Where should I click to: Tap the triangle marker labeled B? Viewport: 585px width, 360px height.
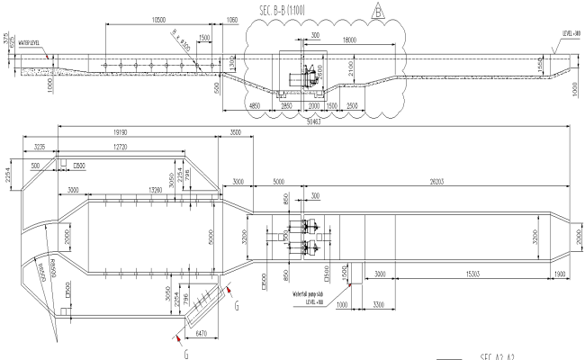coord(379,11)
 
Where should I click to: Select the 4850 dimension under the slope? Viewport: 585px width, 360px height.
coord(254,106)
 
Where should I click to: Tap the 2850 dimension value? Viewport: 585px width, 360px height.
coord(286,106)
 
